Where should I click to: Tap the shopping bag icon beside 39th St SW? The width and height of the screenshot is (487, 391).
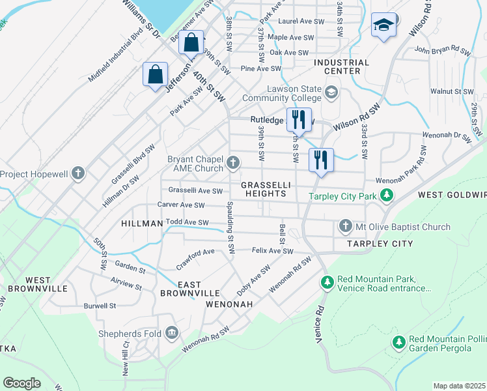[x=191, y=44]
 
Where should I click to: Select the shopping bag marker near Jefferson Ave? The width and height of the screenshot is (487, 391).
[x=156, y=75]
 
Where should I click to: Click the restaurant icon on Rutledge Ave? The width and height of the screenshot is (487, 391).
[x=299, y=120]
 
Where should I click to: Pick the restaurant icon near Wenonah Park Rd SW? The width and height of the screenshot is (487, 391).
[x=321, y=160]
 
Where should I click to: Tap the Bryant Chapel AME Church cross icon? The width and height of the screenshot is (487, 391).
[x=233, y=162]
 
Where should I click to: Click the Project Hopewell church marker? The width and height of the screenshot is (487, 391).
[x=78, y=174]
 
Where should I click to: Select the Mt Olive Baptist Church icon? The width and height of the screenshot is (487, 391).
[x=345, y=227]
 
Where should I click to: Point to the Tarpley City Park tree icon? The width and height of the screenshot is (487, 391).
[x=387, y=195]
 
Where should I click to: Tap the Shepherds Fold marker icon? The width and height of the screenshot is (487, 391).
[x=172, y=334]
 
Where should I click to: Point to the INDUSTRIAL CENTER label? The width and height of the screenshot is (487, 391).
[x=341, y=66]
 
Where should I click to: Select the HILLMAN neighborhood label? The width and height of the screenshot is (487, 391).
[x=142, y=224]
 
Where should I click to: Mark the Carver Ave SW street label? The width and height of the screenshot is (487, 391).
[x=181, y=205]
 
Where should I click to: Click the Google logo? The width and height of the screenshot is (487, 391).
[x=21, y=383]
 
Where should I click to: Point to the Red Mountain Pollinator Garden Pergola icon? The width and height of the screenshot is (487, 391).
[x=398, y=342]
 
